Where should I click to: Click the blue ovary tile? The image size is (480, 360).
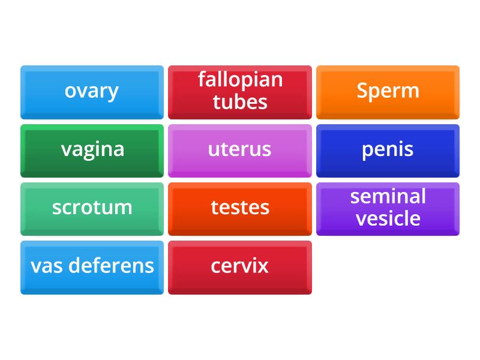92,92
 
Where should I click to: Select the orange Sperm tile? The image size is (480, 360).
388,92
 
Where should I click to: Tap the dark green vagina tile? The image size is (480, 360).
92,150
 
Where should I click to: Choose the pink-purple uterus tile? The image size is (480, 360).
239,150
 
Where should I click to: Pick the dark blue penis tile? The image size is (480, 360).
388,150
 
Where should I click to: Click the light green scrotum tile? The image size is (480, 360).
92,208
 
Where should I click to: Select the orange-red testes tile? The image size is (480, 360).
239,208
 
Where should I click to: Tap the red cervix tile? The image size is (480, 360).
239,266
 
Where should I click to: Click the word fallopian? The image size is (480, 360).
240,80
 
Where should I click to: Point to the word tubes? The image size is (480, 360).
240,102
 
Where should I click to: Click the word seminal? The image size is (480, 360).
388,196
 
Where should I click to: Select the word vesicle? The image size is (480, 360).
388,218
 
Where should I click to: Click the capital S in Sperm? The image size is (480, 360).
362,91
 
